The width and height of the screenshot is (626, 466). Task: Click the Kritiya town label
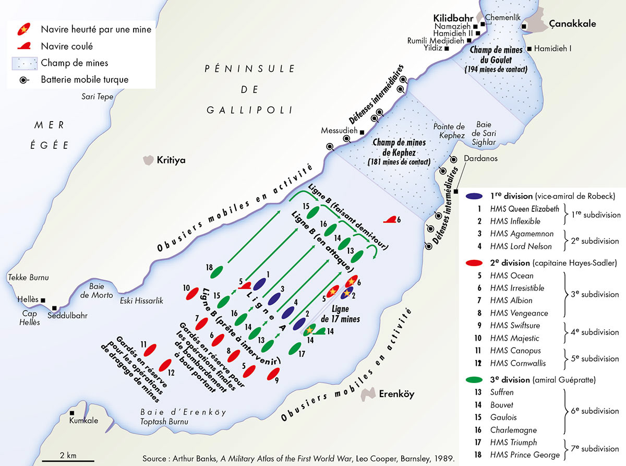point(171,161)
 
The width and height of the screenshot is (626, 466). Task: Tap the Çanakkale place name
point(572,24)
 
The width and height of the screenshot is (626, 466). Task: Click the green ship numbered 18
point(219,271)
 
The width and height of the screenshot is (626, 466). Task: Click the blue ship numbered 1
point(259,283)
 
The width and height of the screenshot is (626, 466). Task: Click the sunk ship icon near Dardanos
point(389,220)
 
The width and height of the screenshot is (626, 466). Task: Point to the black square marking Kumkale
point(71,412)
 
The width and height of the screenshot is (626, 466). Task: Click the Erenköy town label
point(396,394)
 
